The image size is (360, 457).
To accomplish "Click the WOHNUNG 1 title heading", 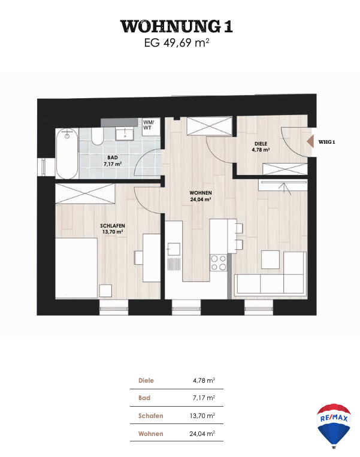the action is pyautogui.click(x=176, y=26).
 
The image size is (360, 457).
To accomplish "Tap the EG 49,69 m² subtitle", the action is pyautogui.click(x=177, y=43).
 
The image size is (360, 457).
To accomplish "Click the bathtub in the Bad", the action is pyautogui.click(x=67, y=153).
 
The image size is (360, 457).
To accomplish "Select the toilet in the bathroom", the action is pyautogui.click(x=98, y=137).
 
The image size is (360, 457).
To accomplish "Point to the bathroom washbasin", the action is pyautogui.click(x=125, y=134).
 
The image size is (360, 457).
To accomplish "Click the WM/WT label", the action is pyautogui.click(x=148, y=125).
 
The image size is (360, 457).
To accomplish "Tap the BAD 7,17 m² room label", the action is pyautogui.click(x=113, y=161).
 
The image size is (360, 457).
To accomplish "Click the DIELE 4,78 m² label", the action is pyautogui.click(x=261, y=147).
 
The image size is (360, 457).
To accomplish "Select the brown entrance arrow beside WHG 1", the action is pyautogui.click(x=310, y=141).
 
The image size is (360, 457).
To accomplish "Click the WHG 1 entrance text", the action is pyautogui.click(x=326, y=142).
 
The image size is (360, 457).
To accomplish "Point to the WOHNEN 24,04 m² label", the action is pyautogui.click(x=201, y=196).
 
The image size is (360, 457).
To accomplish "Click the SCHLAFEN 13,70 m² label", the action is pyautogui.click(x=113, y=229).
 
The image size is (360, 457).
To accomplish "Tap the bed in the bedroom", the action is pyautogui.click(x=76, y=268).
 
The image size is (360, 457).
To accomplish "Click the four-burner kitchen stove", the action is pyautogui.click(x=218, y=262).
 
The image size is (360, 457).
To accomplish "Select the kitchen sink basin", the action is pyautogui.click(x=173, y=249).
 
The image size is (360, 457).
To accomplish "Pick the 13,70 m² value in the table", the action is pyautogui.click(x=202, y=416).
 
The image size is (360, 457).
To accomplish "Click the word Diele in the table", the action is pyautogui.click(x=146, y=380).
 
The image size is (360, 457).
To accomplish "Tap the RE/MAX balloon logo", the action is pyautogui.click(x=334, y=425).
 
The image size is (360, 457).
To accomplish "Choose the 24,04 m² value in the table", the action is pyautogui.click(x=202, y=434).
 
